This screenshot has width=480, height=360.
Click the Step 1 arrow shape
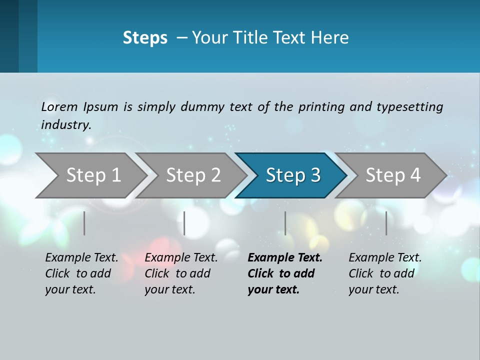coord(90,175)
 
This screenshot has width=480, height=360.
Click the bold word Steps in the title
coord(145,38)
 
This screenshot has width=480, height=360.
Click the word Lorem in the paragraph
coord(59,106)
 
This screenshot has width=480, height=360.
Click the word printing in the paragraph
coord(321,107)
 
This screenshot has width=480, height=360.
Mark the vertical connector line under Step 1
coord(84,223)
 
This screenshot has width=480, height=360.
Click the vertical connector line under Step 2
coord(184,223)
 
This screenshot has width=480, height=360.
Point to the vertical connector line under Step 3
coord(285,223)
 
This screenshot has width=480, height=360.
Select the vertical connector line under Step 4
coord(386,223)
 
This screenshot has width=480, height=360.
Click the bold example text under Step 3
coord(284,273)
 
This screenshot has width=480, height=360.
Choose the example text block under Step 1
coord(81,273)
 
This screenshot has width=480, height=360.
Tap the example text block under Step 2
coord(180,273)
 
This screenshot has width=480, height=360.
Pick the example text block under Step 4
coord(384,273)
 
